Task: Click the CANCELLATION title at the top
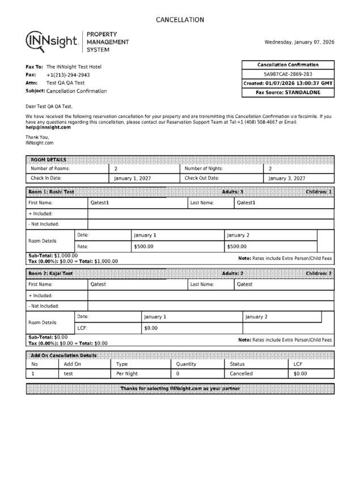[180, 20]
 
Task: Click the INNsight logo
[53, 41]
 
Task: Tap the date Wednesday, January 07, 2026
[299, 42]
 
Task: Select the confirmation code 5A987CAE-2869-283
[288, 74]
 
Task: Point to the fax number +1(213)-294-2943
[67, 75]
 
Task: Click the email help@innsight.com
[48, 128]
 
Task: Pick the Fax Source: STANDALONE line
[288, 92]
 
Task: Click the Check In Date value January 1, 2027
[133, 179]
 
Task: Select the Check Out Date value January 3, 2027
[287, 179]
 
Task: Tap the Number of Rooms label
[50, 168]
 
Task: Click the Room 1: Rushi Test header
[52, 192]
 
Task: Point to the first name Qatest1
[100, 202]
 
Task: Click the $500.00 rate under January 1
[143, 247]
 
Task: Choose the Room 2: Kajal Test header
[51, 274]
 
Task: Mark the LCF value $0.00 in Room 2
[151, 328]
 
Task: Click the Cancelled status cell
[241, 374]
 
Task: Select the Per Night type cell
[127, 374]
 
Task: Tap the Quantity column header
[186, 364]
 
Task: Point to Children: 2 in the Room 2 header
[319, 274]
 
